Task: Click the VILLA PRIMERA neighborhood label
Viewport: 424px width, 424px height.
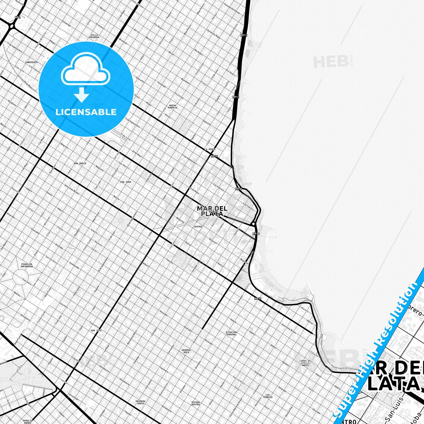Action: tap(94, 36)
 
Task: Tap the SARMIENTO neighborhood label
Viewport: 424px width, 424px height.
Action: tap(31, 62)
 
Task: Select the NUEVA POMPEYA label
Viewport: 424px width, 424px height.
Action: tap(173, 107)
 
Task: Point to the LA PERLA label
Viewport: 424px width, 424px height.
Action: tap(210, 149)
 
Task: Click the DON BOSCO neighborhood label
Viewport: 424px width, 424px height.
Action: tap(80, 163)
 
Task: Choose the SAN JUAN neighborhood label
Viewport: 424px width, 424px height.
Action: tap(126, 182)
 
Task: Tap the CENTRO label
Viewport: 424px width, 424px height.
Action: tap(198, 227)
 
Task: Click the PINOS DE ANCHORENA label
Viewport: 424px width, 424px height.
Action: tap(27, 265)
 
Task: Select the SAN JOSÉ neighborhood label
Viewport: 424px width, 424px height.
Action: tap(96, 330)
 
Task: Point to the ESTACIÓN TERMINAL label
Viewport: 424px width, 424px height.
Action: tap(231, 333)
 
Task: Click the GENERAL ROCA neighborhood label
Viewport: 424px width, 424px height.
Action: tap(186, 351)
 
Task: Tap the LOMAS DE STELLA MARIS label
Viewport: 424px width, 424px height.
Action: tap(305, 363)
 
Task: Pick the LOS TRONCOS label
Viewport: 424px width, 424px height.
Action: tap(267, 396)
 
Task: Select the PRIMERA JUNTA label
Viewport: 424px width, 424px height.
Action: tap(140, 402)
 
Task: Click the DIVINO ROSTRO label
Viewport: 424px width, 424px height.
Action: tap(196, 403)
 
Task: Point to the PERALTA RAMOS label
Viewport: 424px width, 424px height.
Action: tap(28, 422)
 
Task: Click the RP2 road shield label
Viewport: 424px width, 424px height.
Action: tap(18, 18)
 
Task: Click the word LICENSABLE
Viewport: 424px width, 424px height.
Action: tap(86, 112)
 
